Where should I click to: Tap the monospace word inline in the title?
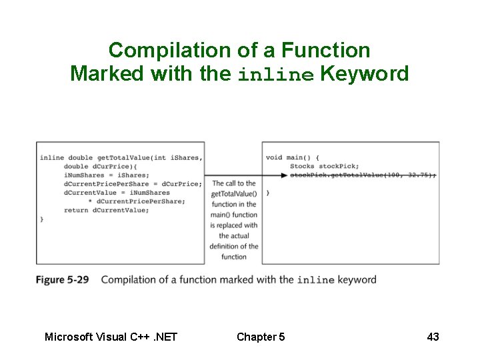[x=276, y=75]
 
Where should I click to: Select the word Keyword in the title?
[x=364, y=73]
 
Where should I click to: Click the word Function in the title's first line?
[x=325, y=50]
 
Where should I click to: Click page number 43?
[x=433, y=337]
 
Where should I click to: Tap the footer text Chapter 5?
[x=261, y=337]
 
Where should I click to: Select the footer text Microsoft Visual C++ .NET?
[x=111, y=337]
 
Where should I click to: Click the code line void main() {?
[x=292, y=157]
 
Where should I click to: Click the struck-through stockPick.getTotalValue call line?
[x=363, y=175]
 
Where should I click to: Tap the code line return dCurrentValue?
[x=106, y=210]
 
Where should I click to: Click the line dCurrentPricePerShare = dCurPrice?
[x=132, y=183]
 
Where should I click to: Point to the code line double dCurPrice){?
[x=100, y=166]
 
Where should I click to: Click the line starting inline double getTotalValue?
[x=121, y=157]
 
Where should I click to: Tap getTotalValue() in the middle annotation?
[x=233, y=193]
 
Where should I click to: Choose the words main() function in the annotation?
[x=233, y=215]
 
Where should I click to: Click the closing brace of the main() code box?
[x=268, y=192]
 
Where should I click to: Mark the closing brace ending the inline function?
[x=42, y=219]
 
